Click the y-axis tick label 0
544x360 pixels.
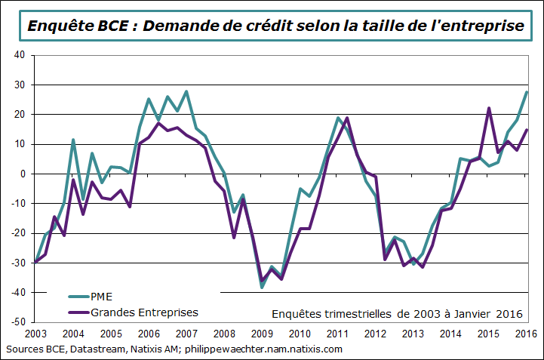point(23,174)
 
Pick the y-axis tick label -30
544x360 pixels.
point(18,263)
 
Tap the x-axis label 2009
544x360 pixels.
point(262,334)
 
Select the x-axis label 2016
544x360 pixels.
point(526,334)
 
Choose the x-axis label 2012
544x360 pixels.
point(375,334)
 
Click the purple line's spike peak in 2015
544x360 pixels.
point(489,108)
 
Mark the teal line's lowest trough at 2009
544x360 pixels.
point(262,288)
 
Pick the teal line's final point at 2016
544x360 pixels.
point(526,92)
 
